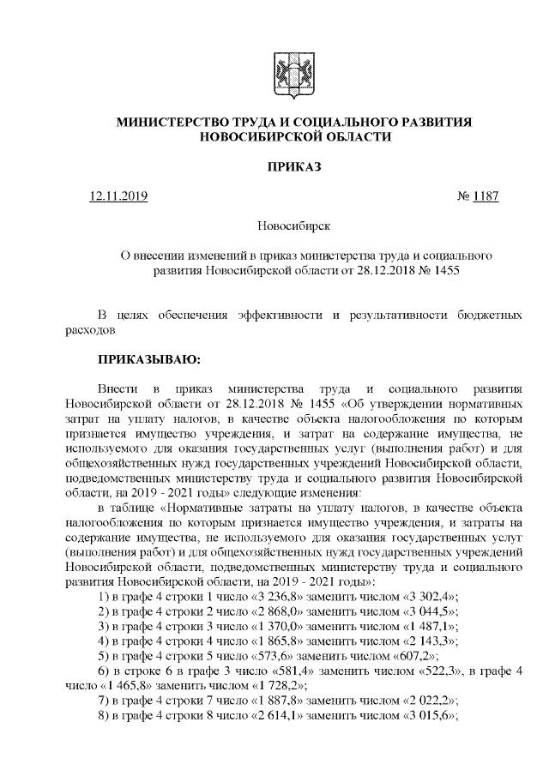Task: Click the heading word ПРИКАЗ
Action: point(293,166)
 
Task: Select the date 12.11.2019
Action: point(118,196)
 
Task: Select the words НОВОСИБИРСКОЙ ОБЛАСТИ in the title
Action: point(293,137)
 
